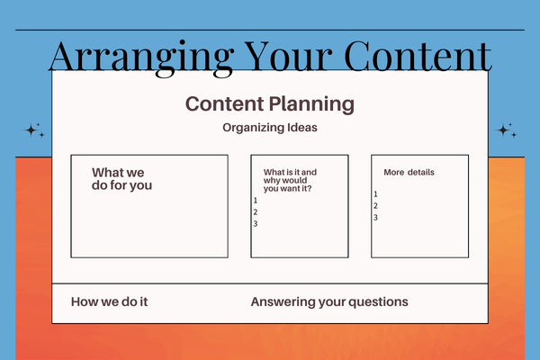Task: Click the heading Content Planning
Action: pyautogui.click(x=269, y=103)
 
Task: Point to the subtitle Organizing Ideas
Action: pyautogui.click(x=269, y=128)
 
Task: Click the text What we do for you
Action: pyautogui.click(x=121, y=179)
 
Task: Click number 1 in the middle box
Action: pyautogui.click(x=256, y=200)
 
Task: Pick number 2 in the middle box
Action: pyautogui.click(x=256, y=211)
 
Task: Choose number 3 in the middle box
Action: pyautogui.click(x=256, y=223)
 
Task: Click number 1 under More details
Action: pyautogui.click(x=375, y=194)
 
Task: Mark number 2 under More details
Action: pyautogui.click(x=375, y=206)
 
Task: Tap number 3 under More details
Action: pyautogui.click(x=375, y=218)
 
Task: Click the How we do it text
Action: pyautogui.click(x=109, y=302)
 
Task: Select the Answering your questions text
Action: pyautogui.click(x=329, y=302)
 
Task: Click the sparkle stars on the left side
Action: pyautogui.click(x=34, y=131)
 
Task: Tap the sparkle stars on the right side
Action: pyautogui.click(x=507, y=130)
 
